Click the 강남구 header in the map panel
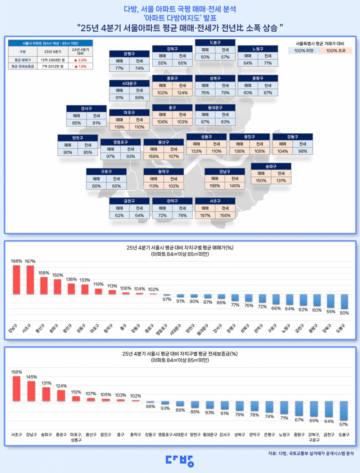tap(225, 171)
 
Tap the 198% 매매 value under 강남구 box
tap(215, 186)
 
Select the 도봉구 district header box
tap(215, 43)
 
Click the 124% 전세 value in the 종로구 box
tap(182, 93)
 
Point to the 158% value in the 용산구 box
tap(154, 156)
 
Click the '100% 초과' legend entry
tap(336, 51)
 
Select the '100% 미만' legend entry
tap(304, 51)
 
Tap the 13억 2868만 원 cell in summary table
tap(53, 60)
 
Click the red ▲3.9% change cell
tap(80, 60)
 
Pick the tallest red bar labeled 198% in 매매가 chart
tap(16, 279)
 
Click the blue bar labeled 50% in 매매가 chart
tap(344, 301)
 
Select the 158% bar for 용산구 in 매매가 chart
tap(44, 285)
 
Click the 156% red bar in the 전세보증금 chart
tap(16, 388)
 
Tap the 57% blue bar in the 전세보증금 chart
tap(344, 410)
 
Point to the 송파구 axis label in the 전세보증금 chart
tap(46, 435)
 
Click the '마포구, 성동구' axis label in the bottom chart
tap(76, 437)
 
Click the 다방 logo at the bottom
tap(180, 461)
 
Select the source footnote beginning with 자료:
tap(311, 454)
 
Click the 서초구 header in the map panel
tap(215, 201)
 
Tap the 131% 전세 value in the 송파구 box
tap(281, 181)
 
